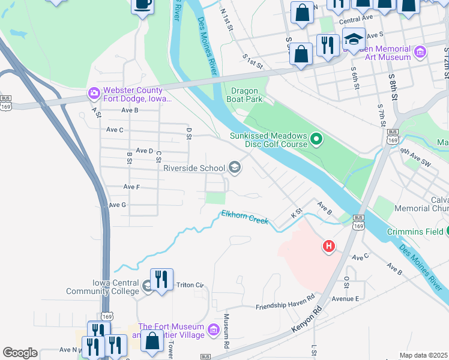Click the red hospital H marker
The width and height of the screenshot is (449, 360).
(328, 246)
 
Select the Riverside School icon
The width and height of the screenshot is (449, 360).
(235, 167)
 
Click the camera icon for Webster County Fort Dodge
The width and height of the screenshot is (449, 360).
(93, 93)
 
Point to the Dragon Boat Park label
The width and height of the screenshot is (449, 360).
(244, 95)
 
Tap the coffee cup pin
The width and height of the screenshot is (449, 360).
(143, 5)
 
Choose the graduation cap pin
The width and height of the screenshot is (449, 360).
(354, 40)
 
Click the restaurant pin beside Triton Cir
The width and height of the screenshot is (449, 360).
(161, 280)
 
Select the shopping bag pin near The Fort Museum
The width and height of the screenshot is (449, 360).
(152, 340)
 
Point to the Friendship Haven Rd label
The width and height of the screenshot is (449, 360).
(285, 306)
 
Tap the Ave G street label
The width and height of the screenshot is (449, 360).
(116, 205)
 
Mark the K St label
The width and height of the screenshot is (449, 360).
(295, 213)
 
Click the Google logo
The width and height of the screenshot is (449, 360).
(19, 353)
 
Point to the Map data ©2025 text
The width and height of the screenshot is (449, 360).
(423, 355)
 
